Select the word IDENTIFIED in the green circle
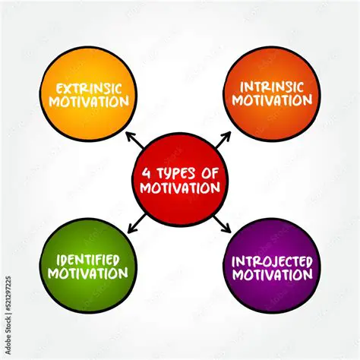point(89,258)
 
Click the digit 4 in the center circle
point(147,172)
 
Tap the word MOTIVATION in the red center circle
point(179,187)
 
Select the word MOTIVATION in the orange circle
point(271,100)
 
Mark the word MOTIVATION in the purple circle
point(272,274)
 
